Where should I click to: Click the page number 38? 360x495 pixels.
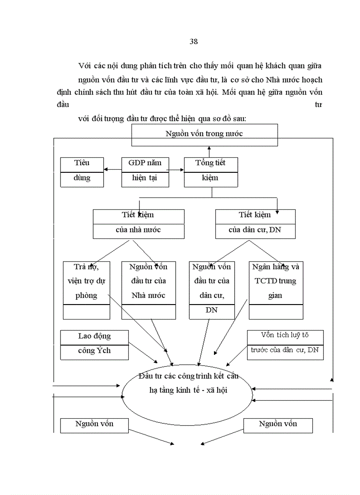click(x=193, y=42)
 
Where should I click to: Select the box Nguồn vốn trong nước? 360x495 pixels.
click(x=204, y=134)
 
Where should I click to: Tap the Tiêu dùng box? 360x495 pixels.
click(x=82, y=171)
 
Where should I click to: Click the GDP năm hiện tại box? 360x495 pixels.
click(x=145, y=171)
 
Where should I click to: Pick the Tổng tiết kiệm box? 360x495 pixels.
click(x=210, y=171)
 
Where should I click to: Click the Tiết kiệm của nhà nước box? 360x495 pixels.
click(x=138, y=223)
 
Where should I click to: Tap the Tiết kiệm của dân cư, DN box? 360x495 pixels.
click(x=255, y=223)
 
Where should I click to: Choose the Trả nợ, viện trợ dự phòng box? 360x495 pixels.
click(x=86, y=289)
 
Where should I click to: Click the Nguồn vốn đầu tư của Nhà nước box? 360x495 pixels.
click(x=148, y=289)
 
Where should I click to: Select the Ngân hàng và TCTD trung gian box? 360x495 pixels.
click(x=276, y=289)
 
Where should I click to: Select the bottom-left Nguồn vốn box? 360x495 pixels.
click(x=94, y=425)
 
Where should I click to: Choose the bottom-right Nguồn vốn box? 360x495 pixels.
click(x=277, y=425)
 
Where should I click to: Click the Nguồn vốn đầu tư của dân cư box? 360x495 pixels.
click(x=211, y=289)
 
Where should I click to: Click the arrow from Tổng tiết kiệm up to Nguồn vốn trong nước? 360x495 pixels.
click(x=209, y=151)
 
